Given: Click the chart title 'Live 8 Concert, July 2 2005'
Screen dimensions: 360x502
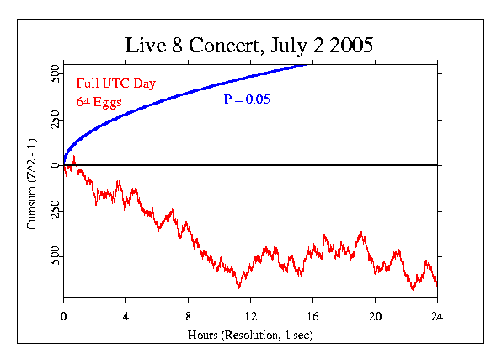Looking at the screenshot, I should pos(250,45).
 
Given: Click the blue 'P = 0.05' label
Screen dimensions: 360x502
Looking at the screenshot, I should pos(248,99).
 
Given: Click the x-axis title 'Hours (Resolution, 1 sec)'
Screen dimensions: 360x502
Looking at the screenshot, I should pos(250,336).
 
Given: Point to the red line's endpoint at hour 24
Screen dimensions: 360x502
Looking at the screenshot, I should pos(437,286).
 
